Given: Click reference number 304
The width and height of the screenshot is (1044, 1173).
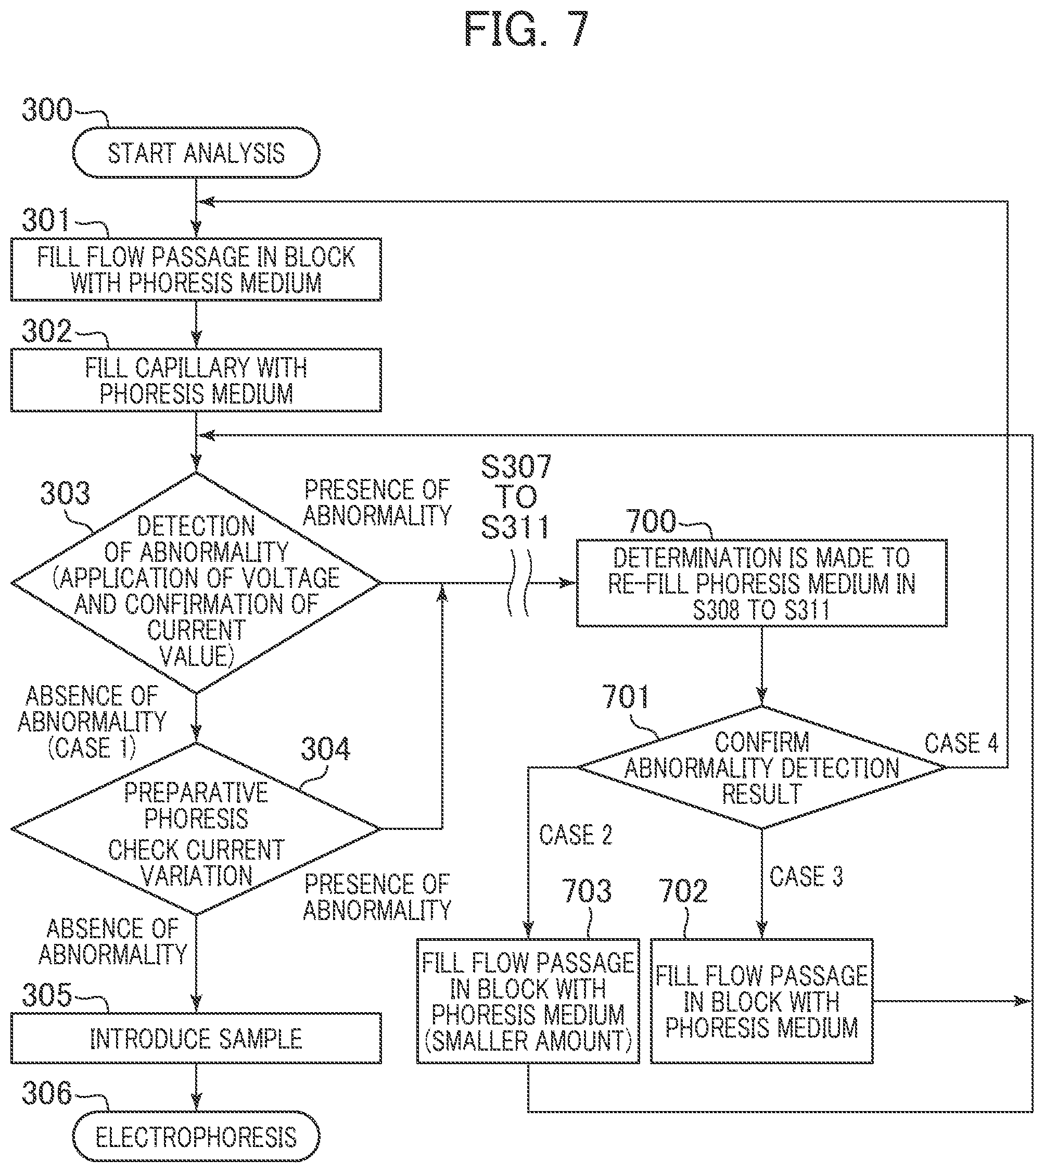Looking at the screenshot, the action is point(325,749).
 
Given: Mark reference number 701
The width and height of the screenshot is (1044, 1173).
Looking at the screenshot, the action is point(626,697).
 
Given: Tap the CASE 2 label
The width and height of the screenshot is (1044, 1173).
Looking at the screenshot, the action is point(576,835).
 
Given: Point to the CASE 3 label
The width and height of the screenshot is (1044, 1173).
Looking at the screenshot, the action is point(806,876).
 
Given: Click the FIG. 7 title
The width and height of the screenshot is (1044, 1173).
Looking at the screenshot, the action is point(526,29).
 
